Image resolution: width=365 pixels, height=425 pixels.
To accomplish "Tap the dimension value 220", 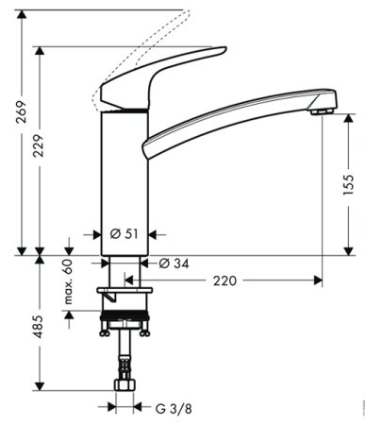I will point(224,280).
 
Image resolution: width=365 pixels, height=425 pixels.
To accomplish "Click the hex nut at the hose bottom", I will point(123,387).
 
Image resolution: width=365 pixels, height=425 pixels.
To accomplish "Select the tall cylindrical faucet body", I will point(123,179).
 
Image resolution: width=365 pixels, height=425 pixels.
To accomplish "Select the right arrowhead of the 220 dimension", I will point(318,280).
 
